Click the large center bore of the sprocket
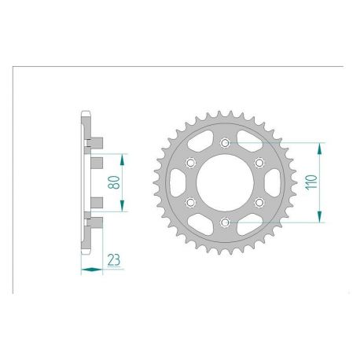[x=225, y=183]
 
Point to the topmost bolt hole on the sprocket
[x=225, y=143]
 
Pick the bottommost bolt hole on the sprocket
[x=225, y=223]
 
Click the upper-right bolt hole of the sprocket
[x=259, y=163]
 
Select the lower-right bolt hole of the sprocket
[x=259, y=203]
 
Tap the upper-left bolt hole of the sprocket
[x=190, y=163]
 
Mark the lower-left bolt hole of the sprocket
[x=190, y=203]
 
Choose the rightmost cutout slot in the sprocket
[x=270, y=183]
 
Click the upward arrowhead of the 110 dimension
[x=320, y=147]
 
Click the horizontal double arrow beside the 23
[x=91, y=269]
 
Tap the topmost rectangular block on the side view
[x=94, y=141]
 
